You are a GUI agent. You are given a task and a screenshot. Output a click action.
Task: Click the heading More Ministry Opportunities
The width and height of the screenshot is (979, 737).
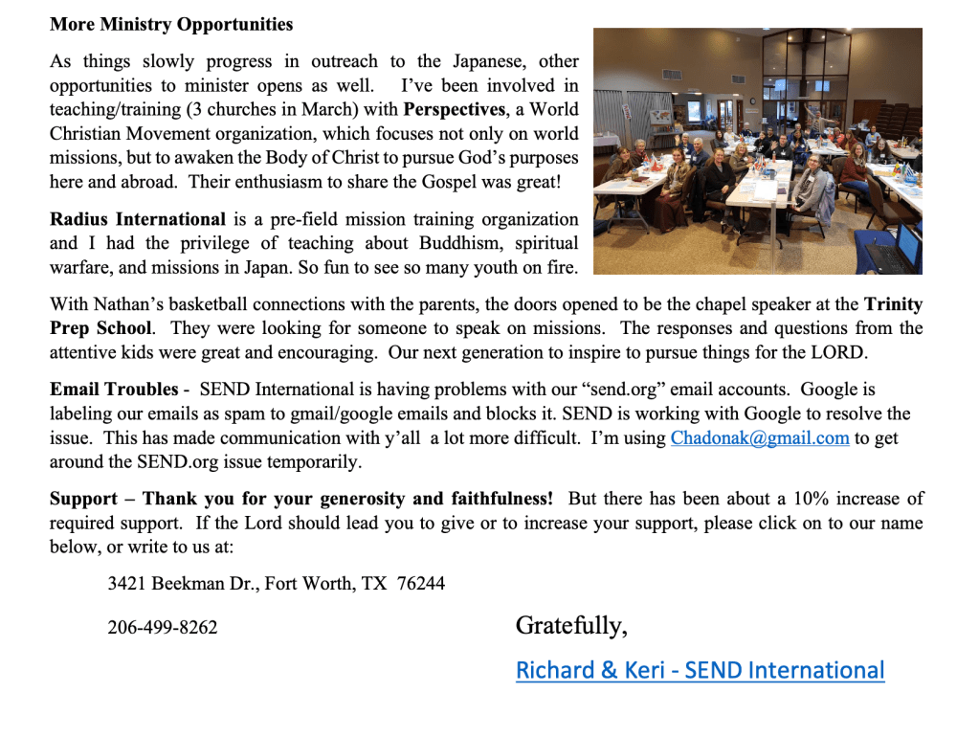(171, 24)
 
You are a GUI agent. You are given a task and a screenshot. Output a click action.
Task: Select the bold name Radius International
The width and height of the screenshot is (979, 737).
(138, 219)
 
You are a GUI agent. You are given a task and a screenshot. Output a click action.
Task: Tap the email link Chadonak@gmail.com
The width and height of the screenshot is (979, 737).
(760, 438)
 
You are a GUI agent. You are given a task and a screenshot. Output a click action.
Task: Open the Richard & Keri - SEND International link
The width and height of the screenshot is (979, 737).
(700, 670)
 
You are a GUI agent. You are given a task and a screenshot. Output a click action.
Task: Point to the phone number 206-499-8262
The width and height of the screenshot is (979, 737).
(163, 628)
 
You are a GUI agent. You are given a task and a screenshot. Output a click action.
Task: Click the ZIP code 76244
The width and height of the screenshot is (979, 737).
(420, 583)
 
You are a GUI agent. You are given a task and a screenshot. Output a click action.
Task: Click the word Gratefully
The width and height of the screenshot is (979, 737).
(571, 626)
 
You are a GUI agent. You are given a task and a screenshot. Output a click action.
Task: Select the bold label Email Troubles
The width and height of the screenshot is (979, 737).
(114, 390)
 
